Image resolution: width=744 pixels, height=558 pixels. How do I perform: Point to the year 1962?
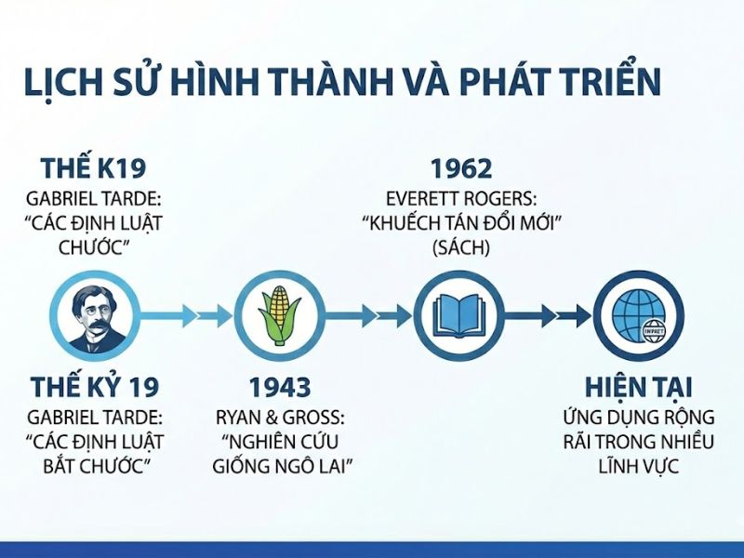click(x=461, y=169)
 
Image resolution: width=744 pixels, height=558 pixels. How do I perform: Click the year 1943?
click(x=279, y=387)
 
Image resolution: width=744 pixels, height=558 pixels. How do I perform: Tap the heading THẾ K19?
click(x=94, y=169)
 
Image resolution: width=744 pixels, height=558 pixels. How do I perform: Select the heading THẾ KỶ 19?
click(x=94, y=387)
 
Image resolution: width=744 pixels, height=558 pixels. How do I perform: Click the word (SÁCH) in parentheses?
click(x=461, y=248)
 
